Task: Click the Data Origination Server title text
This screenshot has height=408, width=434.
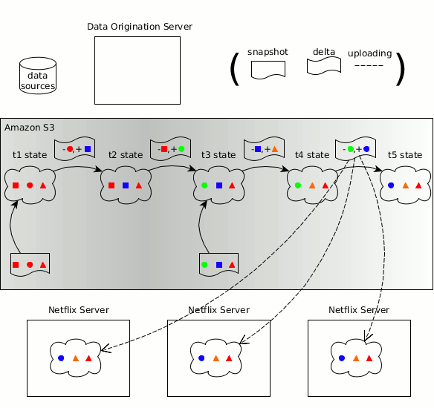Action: pos(140,27)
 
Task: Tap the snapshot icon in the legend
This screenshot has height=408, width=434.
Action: pos(268,70)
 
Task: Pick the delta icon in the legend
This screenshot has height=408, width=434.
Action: pos(323,66)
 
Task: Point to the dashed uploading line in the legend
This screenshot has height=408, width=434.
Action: pos(369,67)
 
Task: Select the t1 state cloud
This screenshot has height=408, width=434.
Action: pos(30,185)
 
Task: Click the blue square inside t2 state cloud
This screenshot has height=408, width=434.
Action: pos(126,185)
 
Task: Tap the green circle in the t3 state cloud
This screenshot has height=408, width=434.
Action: pos(204,185)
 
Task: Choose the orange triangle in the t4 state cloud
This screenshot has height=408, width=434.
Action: pos(312,185)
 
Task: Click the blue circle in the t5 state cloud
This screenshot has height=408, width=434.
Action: pos(392,185)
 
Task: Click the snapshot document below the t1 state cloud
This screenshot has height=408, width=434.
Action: pos(30,264)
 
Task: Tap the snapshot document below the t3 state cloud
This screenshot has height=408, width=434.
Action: pos(218,264)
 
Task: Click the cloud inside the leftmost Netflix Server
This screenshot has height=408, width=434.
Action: pos(74,357)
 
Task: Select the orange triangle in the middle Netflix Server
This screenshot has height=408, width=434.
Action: pos(216,358)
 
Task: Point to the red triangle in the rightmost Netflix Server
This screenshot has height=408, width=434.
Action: pos(370,358)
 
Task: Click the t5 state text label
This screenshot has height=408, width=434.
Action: pos(404,154)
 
